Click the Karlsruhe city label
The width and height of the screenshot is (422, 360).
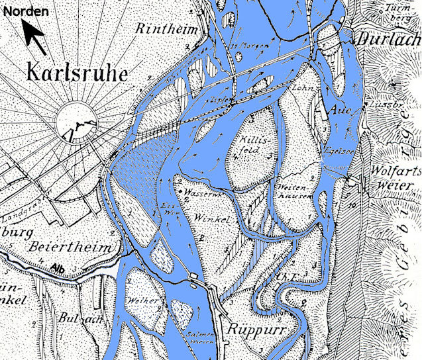tap(78, 71)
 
